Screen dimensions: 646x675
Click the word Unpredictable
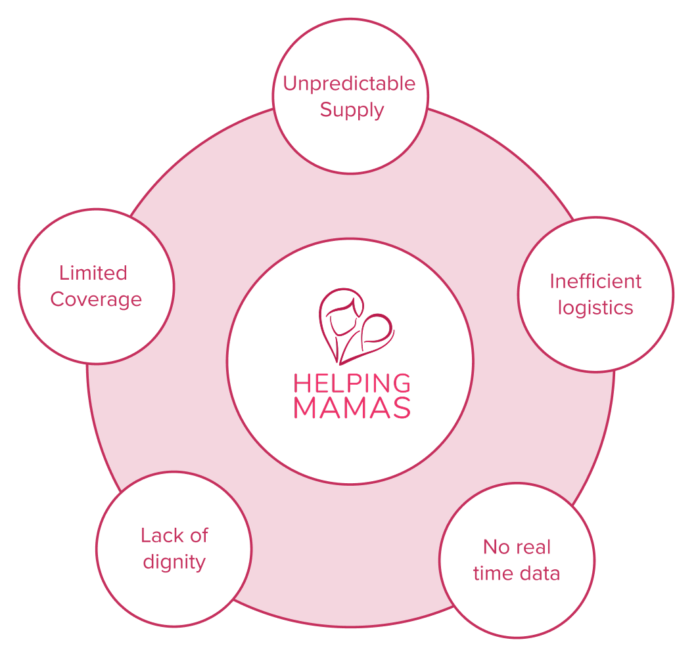click(349, 84)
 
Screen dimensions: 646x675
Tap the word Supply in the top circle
click(352, 110)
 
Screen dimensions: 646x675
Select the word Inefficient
click(595, 282)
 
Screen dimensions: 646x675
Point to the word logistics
click(595, 308)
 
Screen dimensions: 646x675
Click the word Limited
click(93, 272)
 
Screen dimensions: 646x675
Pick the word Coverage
click(96, 299)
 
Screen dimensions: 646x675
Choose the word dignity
click(174, 563)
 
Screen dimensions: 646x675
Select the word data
click(539, 573)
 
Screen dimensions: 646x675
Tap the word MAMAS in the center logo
click(352, 408)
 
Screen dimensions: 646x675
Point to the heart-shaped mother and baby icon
click(355, 325)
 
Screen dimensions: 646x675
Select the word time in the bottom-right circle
click(492, 573)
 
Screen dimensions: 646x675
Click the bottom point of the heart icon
click(340, 362)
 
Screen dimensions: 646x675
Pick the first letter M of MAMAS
click(305, 408)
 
